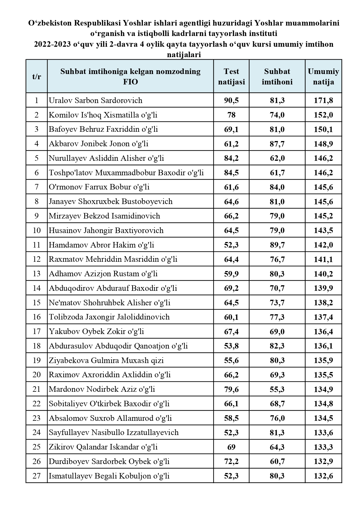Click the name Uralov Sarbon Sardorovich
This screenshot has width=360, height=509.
coord(96,100)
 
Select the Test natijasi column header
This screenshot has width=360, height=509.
coord(231,77)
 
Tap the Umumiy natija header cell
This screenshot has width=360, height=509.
coord(323,77)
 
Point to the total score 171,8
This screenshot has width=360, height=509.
coord(323,100)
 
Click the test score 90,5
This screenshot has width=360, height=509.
coord(231,100)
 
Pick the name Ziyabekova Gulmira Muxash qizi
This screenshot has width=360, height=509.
coord(106,360)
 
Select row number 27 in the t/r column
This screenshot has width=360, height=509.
coord(37,476)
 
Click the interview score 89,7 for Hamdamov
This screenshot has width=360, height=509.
coord(277,245)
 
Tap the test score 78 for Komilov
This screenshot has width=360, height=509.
coord(231,115)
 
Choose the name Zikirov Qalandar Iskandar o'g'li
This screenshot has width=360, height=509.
coord(103,447)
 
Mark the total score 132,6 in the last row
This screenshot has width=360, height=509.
coord(323,476)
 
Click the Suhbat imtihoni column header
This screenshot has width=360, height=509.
coord(277,77)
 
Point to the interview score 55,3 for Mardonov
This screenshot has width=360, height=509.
coord(277,389)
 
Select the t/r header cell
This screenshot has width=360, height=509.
coord(37,77)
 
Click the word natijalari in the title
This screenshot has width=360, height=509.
coord(184,55)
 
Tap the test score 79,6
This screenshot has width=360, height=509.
coord(231,389)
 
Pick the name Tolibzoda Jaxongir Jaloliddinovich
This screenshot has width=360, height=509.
coord(109,317)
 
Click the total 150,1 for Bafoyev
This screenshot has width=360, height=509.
coord(323,129)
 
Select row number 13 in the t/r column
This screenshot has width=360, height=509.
coord(37,274)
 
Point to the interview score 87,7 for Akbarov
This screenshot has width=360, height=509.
coord(277,144)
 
